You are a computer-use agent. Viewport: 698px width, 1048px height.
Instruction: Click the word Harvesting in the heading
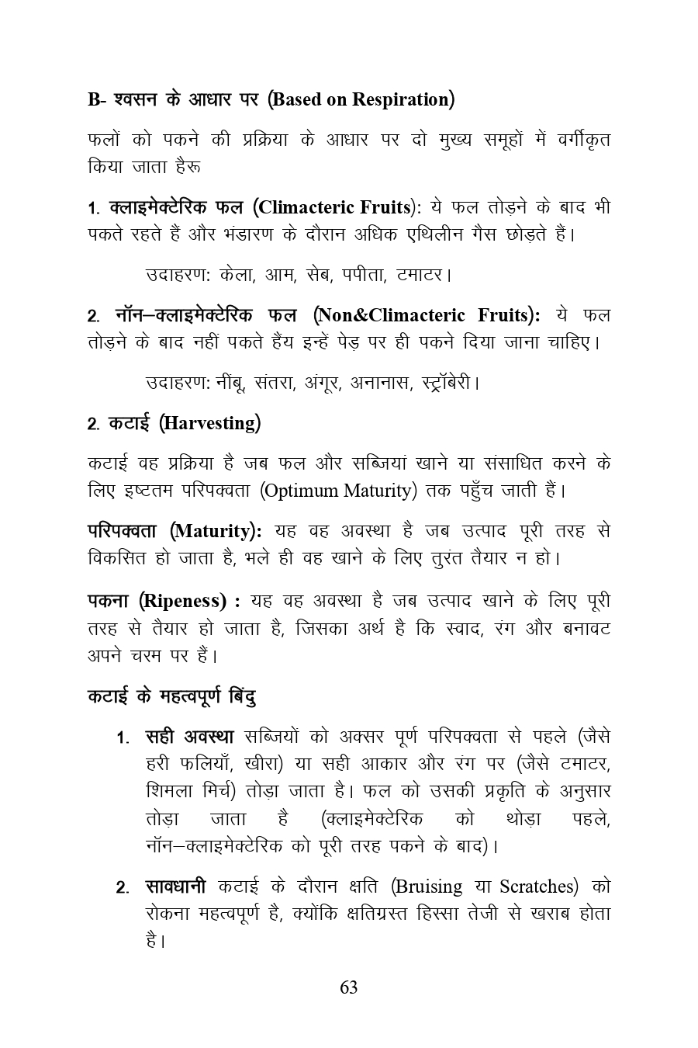coord(210,423)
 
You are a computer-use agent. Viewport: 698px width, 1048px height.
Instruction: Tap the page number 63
coord(349,987)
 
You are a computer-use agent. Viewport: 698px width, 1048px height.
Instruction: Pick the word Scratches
coord(537,887)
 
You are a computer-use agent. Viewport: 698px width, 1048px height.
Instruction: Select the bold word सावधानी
coord(176,887)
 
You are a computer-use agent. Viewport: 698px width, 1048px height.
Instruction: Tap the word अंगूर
coord(323,383)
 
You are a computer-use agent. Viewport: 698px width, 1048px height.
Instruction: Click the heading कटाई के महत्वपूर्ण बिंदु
coord(171,696)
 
